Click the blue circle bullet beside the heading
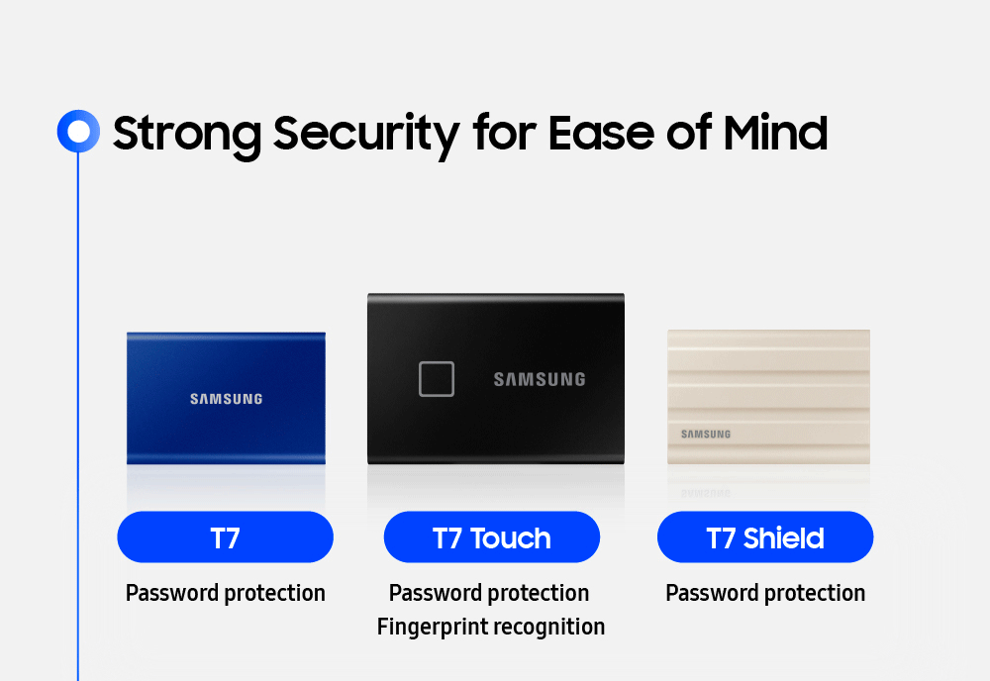[78, 131]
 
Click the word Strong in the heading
[185, 133]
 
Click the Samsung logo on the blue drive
[227, 399]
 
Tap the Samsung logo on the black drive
[540, 379]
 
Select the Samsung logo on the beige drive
[706, 434]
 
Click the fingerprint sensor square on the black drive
[437, 379]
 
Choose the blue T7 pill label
[225, 537]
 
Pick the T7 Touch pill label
[492, 537]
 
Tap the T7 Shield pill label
[765, 537]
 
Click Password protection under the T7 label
[226, 593]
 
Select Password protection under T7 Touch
[489, 593]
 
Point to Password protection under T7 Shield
[765, 593]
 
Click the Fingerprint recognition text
[491, 627]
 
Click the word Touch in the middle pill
[511, 538]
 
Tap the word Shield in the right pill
[784, 538]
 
